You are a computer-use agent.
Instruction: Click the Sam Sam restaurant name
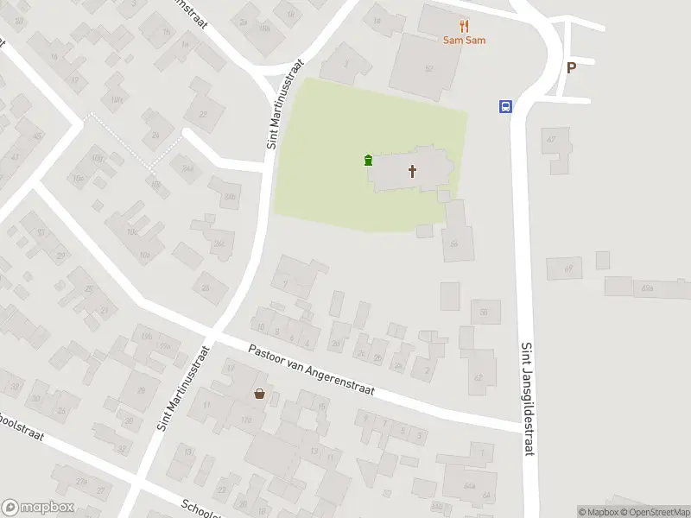pyautogui.click(x=464, y=41)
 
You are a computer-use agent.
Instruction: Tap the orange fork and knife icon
pyautogui.click(x=464, y=26)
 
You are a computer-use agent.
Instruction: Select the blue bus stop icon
pyautogui.click(x=504, y=107)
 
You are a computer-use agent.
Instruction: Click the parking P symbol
pyautogui.click(x=571, y=68)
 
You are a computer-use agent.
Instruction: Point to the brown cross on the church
pyautogui.click(x=413, y=171)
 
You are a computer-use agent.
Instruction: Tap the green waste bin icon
pyautogui.click(x=369, y=160)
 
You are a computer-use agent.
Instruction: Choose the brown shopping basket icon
pyautogui.click(x=259, y=394)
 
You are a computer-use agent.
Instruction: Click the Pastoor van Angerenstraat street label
pyautogui.click(x=311, y=371)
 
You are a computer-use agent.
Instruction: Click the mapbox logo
pyautogui.click(x=38, y=508)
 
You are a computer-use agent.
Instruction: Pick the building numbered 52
pyautogui.click(x=428, y=67)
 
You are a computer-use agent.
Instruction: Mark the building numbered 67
pyautogui.click(x=552, y=139)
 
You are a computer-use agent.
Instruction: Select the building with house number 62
pyautogui.click(x=478, y=377)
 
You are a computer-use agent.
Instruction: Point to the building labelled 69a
pyautogui.click(x=647, y=287)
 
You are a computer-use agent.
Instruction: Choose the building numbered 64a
pyautogui.click(x=470, y=486)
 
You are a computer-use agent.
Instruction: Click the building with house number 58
pyautogui.click(x=455, y=244)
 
